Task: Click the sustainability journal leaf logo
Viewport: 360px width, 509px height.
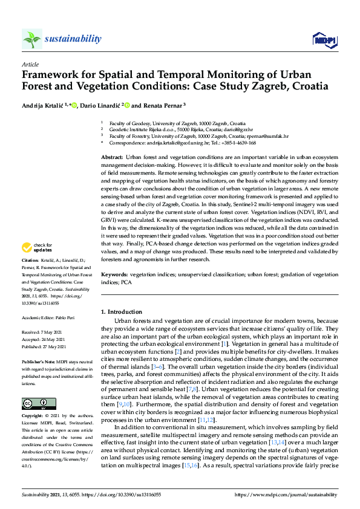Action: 32,39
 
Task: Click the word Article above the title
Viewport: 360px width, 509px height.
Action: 30,65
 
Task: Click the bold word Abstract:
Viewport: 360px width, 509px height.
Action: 113,157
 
